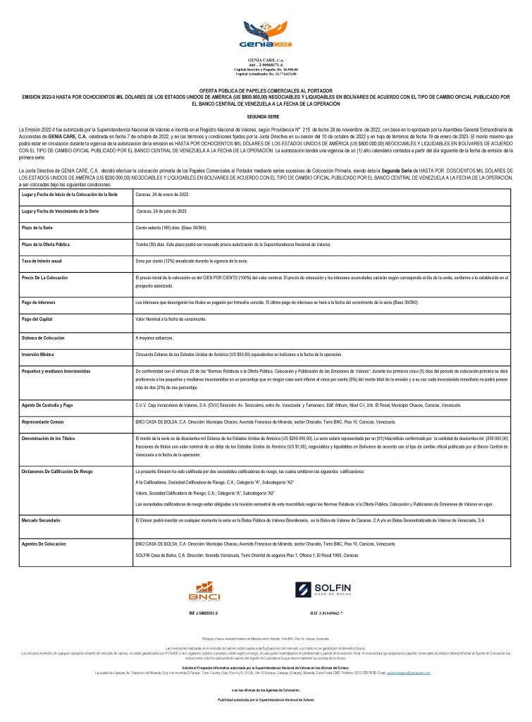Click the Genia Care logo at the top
coord(265,35)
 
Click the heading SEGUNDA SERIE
coord(266,115)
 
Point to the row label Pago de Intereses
coord(44,302)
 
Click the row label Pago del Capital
coord(42,319)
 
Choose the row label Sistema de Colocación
coord(47,338)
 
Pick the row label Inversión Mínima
coord(42,353)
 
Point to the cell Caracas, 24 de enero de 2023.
coord(162,193)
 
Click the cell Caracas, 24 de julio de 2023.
coord(161,211)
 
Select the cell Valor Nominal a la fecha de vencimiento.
coord(176,319)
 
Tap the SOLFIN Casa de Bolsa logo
coord(324,590)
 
